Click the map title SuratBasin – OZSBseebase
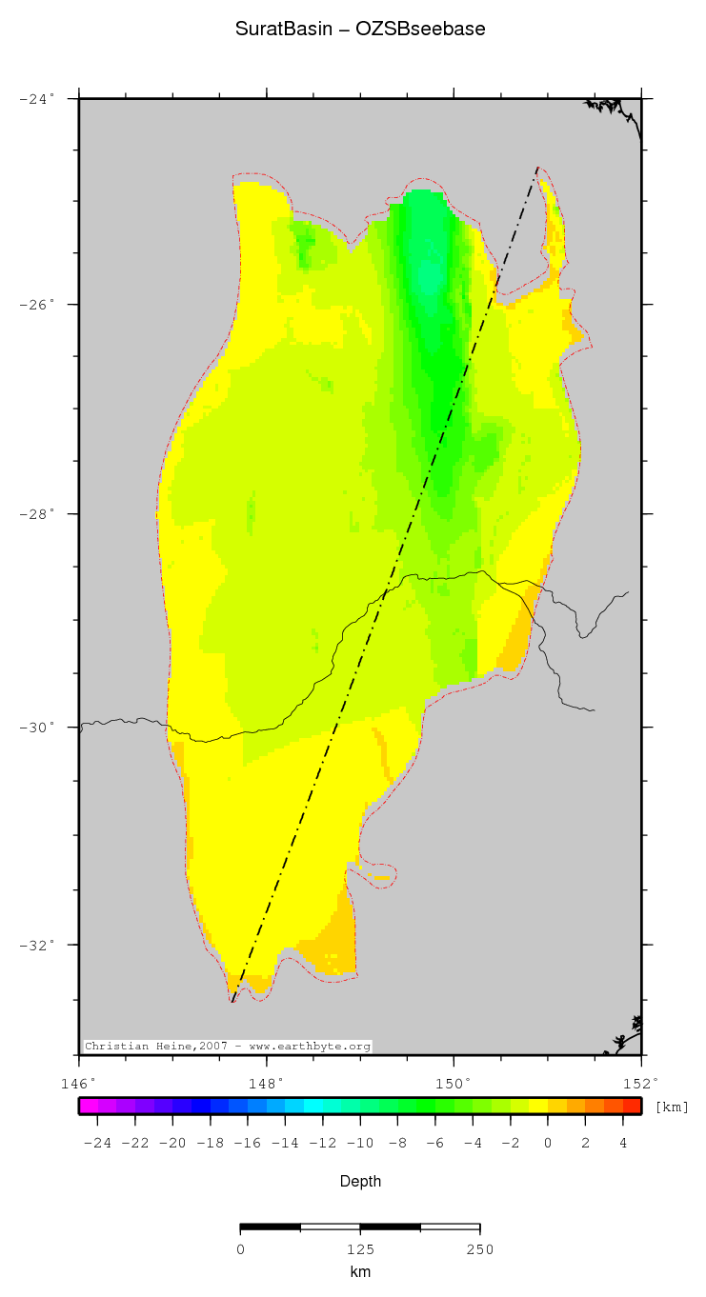[360, 30]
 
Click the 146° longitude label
[78, 1083]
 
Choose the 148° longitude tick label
[266, 1083]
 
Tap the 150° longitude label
[454, 1083]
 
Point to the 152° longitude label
[641, 1083]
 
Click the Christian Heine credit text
[228, 1046]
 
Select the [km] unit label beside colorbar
[672, 1107]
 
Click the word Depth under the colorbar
[360, 1182]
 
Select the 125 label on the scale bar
[360, 1249]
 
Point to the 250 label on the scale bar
[479, 1249]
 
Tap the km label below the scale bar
[360, 1272]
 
